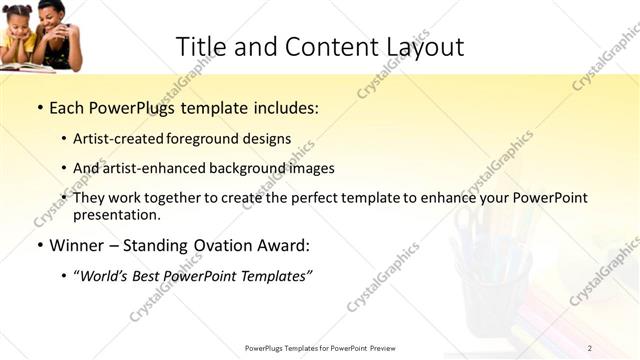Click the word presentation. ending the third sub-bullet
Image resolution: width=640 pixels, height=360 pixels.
116,215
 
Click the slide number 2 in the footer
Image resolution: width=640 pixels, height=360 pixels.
590,348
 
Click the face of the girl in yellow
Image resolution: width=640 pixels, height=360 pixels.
22,18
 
